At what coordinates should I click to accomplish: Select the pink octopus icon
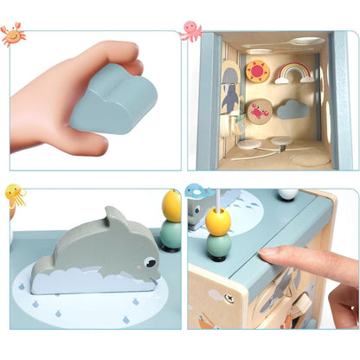coord(191,31)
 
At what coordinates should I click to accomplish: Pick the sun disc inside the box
coord(257,70)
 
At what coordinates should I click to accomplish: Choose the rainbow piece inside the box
coord(294,74)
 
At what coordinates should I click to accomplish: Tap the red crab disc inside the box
coord(259,110)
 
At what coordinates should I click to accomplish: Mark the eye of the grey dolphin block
coord(151,260)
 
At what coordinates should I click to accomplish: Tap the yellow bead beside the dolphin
coord(171,205)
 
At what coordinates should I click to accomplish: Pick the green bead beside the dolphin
coord(170,234)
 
